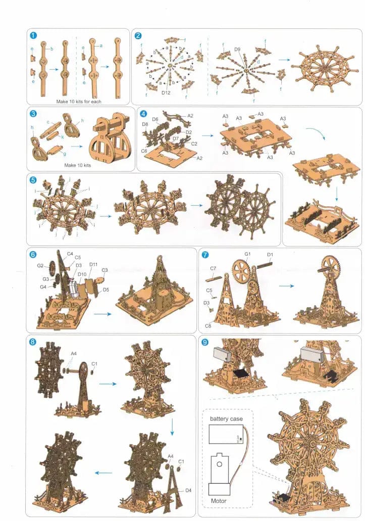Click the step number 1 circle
click(33, 35)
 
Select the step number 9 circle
click(205, 342)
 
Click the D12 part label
click(166, 92)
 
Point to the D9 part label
click(237, 50)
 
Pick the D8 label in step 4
click(145, 124)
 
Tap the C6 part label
click(144, 151)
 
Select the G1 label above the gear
click(247, 254)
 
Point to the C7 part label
click(213, 268)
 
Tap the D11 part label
click(93, 264)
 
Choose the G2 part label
click(40, 265)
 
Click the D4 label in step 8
click(188, 490)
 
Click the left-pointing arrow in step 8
click(103, 473)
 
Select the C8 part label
click(208, 312)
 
